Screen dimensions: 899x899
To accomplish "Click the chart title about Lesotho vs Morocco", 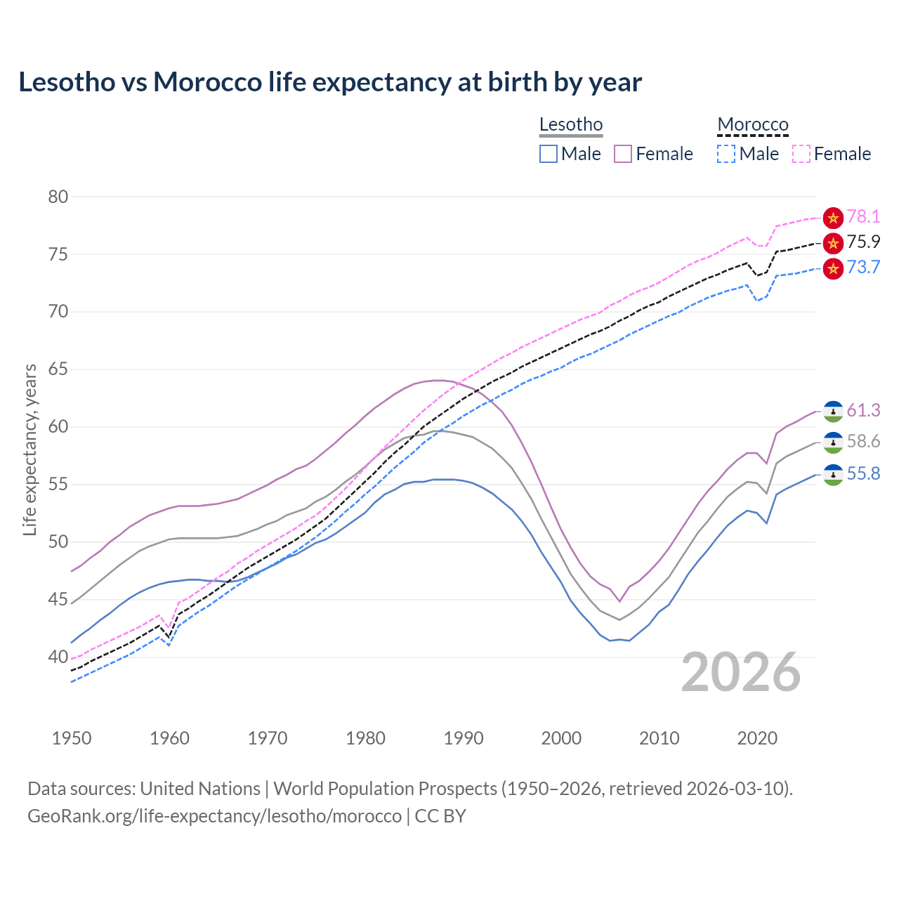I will (x=330, y=82).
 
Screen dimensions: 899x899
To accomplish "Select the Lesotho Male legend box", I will (x=549, y=154).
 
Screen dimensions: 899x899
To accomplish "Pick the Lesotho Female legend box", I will (x=623, y=154).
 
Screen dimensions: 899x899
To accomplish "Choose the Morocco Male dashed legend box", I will (x=726, y=154).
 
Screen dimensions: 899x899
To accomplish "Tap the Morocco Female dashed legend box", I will (x=801, y=154).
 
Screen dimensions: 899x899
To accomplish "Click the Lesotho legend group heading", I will (x=571, y=125).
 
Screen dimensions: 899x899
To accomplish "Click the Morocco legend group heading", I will (x=753, y=125).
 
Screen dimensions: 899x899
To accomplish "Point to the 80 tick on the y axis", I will (x=58, y=197).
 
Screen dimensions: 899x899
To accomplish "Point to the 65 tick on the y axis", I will (x=58, y=369).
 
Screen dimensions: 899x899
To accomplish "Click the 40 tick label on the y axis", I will (x=58, y=657).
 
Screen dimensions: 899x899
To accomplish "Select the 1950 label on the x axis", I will (x=72, y=738).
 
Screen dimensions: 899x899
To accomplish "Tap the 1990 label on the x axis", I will (x=464, y=738).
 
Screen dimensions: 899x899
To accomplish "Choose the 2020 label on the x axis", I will (x=757, y=738).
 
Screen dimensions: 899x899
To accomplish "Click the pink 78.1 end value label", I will (x=863, y=216).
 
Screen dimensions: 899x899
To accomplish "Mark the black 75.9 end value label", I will (x=863, y=242).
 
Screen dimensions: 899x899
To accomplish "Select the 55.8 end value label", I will (x=863, y=474).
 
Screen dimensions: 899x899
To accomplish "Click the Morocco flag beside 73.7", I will (x=833, y=268).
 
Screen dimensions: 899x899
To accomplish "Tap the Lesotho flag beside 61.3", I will (x=833, y=411).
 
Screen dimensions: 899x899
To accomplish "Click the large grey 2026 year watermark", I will (x=741, y=673).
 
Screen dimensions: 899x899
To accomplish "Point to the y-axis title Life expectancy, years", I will (x=30, y=449).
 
